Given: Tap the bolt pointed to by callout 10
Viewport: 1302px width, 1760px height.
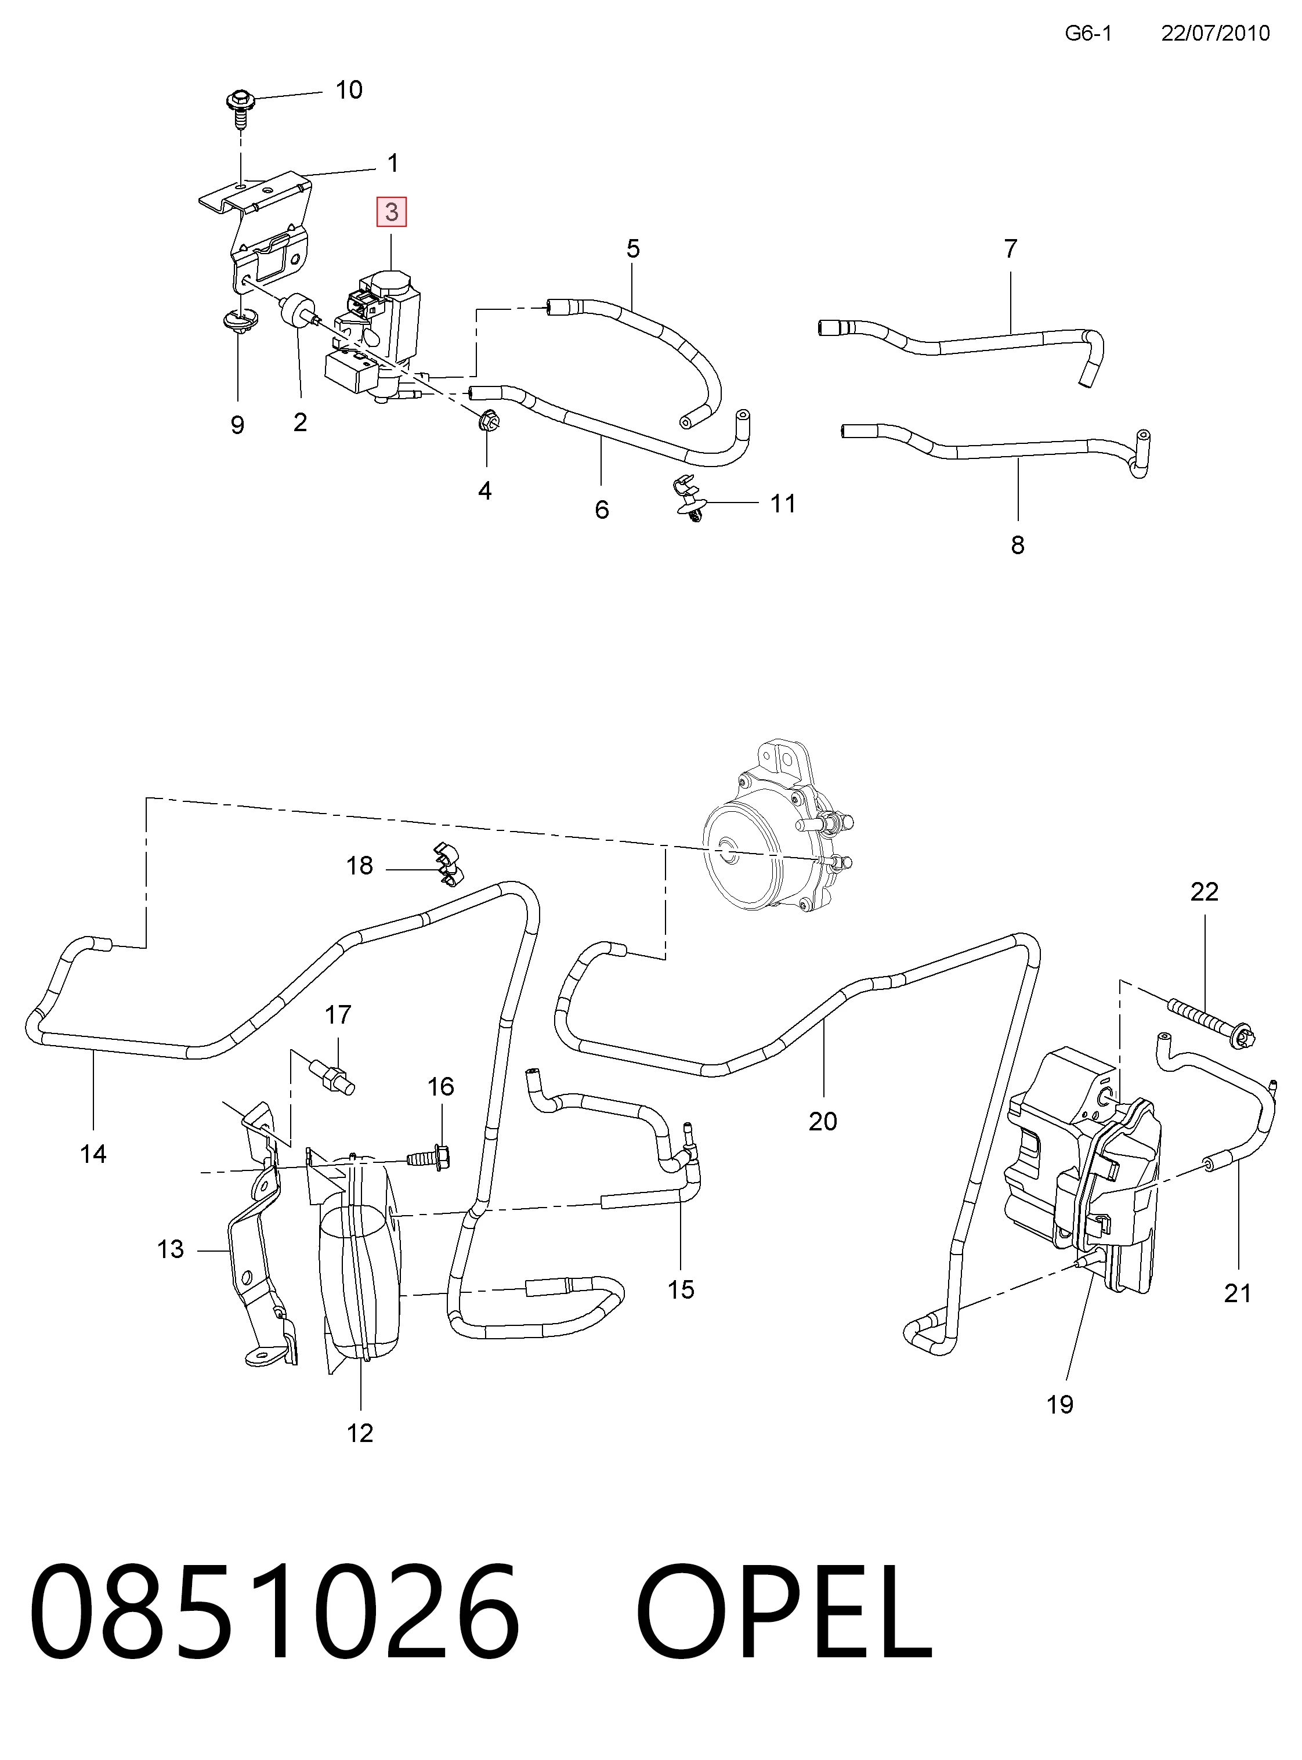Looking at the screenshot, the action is coord(238,108).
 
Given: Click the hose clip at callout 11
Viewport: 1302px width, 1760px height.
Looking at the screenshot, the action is coord(688,500).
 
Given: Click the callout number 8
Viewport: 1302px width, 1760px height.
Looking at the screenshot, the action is coord(1018,545).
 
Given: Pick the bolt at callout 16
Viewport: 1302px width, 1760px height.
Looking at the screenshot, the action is coord(429,1158).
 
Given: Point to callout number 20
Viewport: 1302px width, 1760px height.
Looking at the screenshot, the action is coord(823,1122).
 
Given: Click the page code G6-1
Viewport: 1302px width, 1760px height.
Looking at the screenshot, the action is coord(1088,33).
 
